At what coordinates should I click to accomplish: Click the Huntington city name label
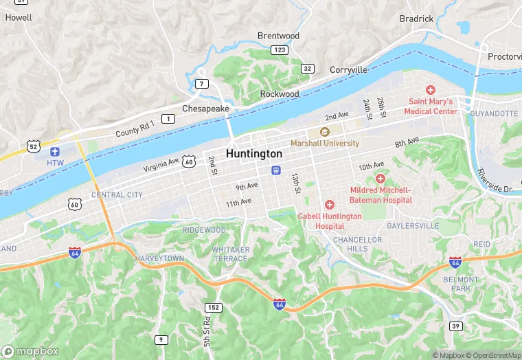tap(254, 154)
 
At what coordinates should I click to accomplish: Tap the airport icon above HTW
tap(55, 151)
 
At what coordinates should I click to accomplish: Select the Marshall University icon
tap(325, 132)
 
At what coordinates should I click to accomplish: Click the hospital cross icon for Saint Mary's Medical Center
tap(431, 90)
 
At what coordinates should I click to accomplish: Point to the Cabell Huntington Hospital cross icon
tap(330, 205)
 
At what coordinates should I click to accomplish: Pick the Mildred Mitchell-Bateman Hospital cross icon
tap(381, 179)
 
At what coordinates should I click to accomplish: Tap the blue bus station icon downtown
tap(276, 170)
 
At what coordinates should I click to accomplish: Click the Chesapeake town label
tap(205, 109)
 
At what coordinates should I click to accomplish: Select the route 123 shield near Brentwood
tap(279, 50)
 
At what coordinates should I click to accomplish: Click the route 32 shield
tap(308, 68)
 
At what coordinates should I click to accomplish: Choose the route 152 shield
tap(214, 307)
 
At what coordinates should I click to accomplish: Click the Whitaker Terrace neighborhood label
tap(231, 254)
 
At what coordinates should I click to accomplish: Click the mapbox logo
tap(31, 351)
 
